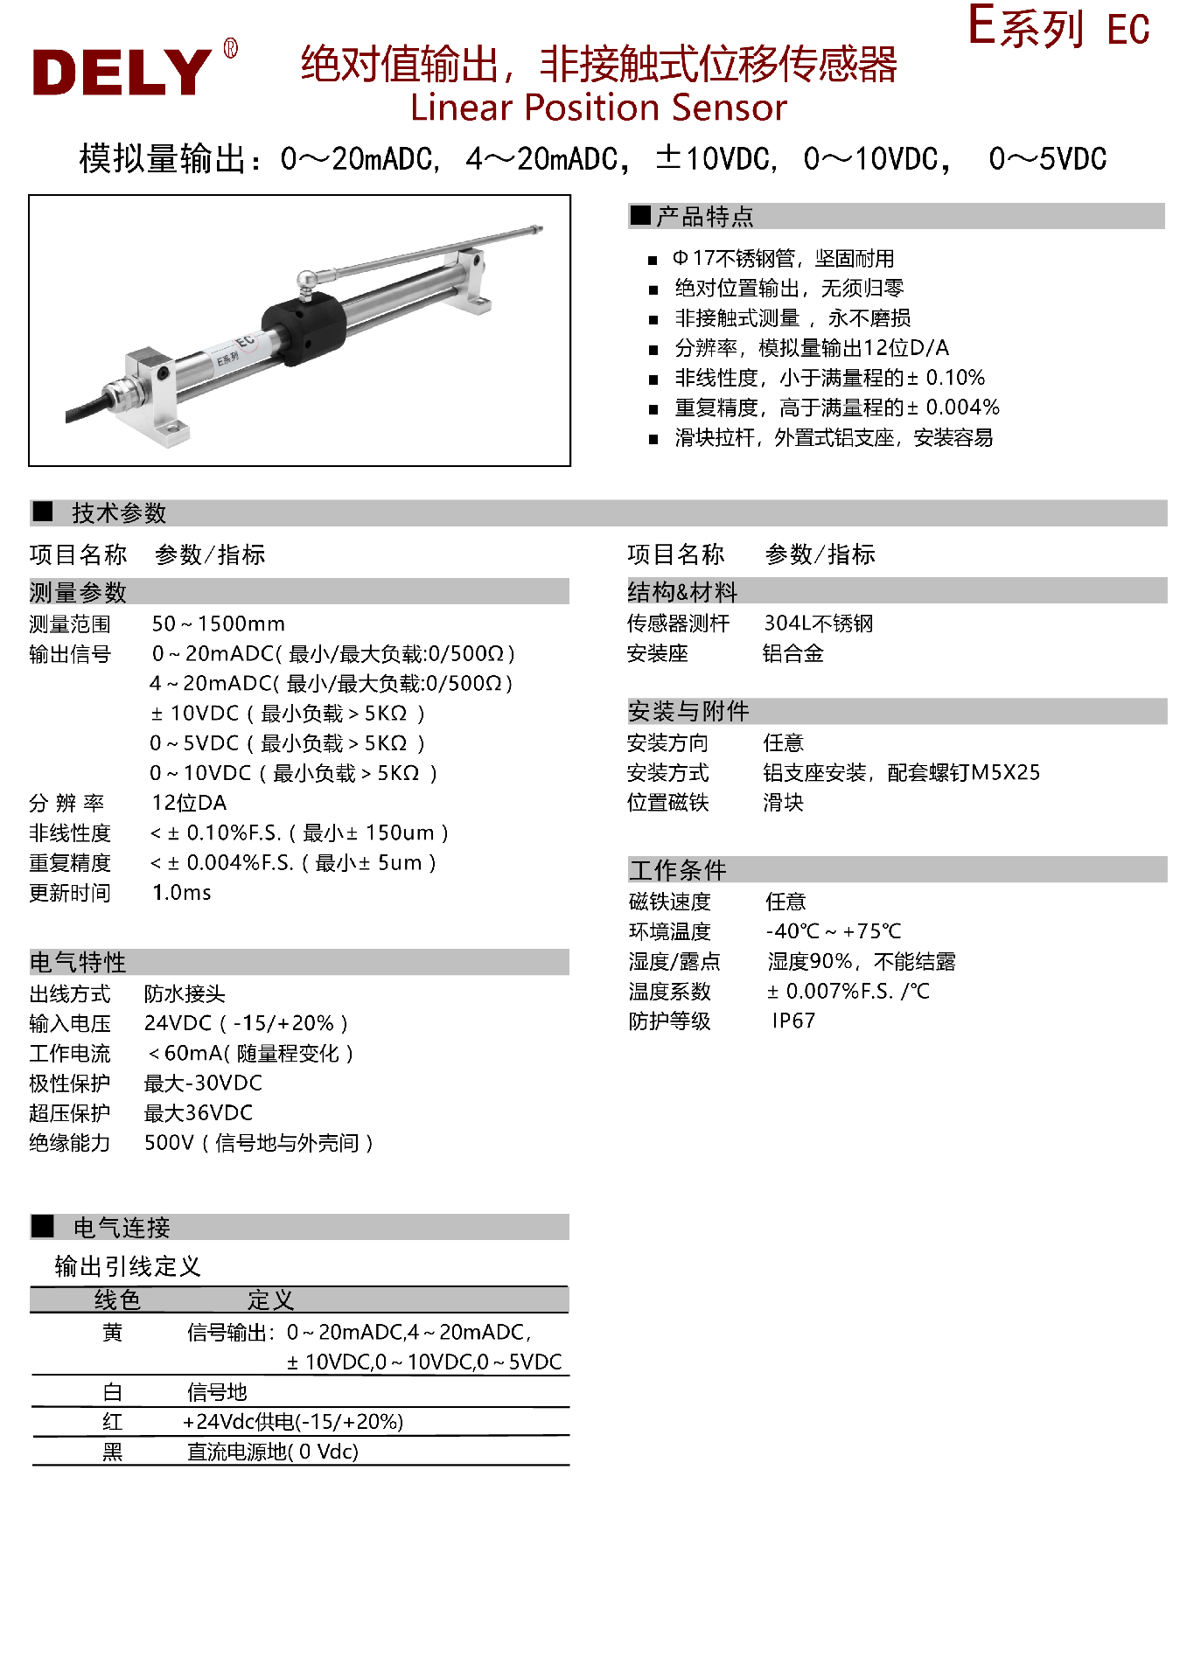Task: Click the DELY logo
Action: [122, 71]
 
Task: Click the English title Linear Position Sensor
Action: [598, 108]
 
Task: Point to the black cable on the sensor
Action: [87, 408]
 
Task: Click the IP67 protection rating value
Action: [792, 1021]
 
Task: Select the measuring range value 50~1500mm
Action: [218, 624]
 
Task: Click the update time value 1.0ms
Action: [181, 892]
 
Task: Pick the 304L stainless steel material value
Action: [818, 623]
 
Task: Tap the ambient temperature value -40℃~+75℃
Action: [833, 931]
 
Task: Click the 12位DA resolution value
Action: [189, 803]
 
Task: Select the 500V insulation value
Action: [258, 1143]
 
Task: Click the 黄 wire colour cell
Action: [112, 1333]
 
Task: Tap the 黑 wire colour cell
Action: [112, 1452]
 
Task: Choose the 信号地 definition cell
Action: [217, 1392]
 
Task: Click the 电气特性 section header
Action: [78, 962]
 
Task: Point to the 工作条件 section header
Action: [677, 870]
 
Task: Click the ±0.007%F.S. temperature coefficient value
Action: [848, 991]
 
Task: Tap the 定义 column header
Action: [270, 1299]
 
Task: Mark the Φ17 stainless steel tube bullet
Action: [784, 259]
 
